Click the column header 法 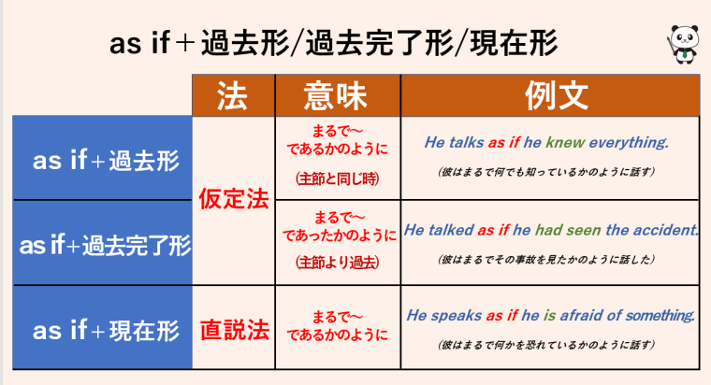tap(234, 95)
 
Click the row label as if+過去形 tap(105, 160)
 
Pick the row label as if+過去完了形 tap(105, 246)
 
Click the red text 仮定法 tap(235, 199)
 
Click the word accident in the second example tap(663, 229)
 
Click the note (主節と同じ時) tap(338, 177)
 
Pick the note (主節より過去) tap(338, 263)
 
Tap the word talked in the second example tap(450, 229)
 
